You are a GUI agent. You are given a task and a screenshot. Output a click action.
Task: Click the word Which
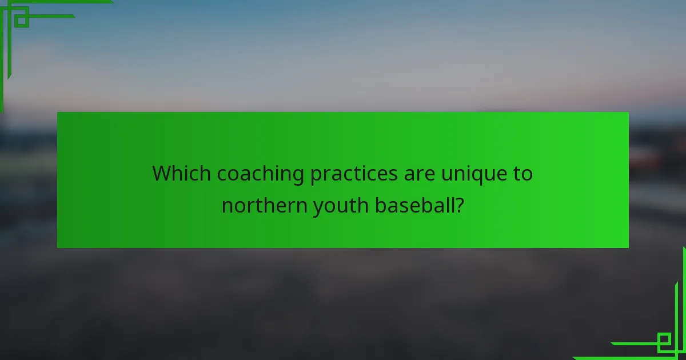(180, 173)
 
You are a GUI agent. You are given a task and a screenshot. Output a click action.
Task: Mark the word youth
(340, 205)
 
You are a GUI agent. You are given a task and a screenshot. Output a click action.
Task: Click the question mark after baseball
(458, 205)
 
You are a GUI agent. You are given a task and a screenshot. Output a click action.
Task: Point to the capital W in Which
(162, 173)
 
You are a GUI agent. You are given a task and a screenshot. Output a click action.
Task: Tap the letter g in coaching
(298, 177)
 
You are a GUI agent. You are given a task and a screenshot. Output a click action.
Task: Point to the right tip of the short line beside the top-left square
(74, 16)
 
